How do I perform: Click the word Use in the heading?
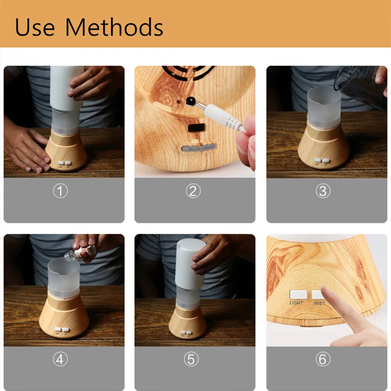point(35,27)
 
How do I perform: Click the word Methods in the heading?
point(114,27)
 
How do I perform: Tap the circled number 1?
point(60,191)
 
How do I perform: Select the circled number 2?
point(193,191)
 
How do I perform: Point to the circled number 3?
point(323,191)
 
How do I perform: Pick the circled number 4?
point(60,359)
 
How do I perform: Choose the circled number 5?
point(191,359)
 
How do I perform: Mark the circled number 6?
point(323,359)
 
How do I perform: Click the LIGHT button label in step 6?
point(296,303)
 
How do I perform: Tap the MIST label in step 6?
point(320,304)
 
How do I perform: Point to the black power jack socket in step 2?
point(191,101)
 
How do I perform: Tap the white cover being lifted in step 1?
point(66,87)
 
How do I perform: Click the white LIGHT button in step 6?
point(298,294)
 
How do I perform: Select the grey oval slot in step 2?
point(199,148)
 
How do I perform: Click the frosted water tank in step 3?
point(324,107)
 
